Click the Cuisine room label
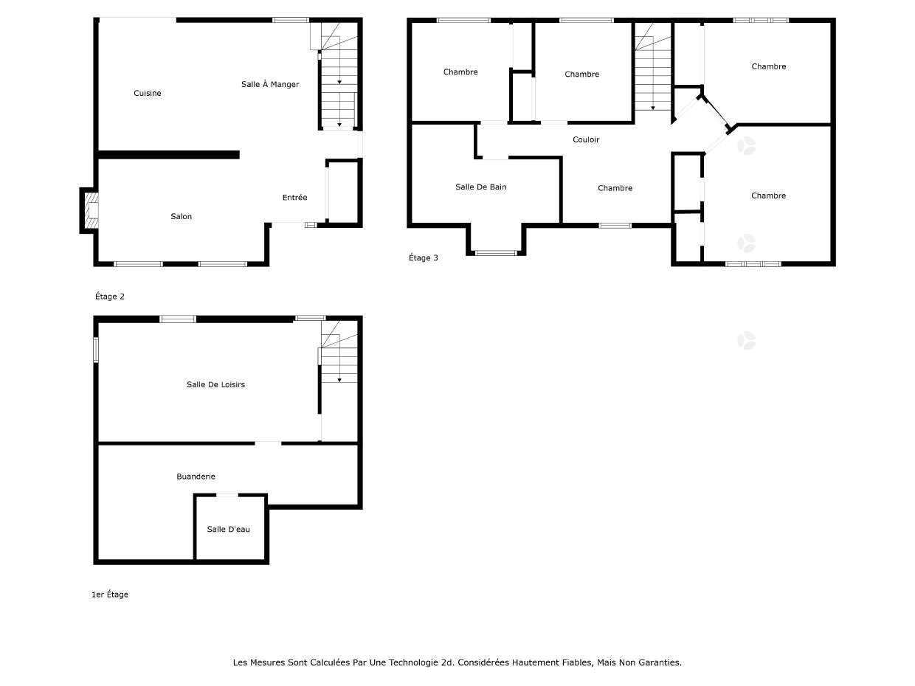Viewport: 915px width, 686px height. pos(147,93)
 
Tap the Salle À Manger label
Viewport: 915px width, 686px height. pos(270,84)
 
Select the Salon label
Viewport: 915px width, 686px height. pos(181,216)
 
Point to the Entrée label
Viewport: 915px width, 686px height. pos(294,198)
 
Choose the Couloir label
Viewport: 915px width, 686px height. pos(586,139)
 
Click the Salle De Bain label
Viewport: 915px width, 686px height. pos(480,187)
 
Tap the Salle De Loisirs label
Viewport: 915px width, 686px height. pos(215,384)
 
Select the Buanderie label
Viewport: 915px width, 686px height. pos(196,477)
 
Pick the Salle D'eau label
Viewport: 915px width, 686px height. pos(229,530)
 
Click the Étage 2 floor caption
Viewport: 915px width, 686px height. pos(110,296)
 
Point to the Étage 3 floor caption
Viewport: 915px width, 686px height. pos(423,258)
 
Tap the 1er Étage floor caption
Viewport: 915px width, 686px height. pos(110,595)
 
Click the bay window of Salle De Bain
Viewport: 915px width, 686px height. pos(496,253)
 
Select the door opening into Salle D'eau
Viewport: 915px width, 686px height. pos(227,495)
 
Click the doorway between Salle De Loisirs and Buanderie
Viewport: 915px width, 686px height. pos(268,443)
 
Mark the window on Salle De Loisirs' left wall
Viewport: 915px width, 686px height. pos(96,350)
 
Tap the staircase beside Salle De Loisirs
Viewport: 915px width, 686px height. pos(339,352)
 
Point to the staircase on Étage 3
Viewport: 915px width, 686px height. pos(653,66)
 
